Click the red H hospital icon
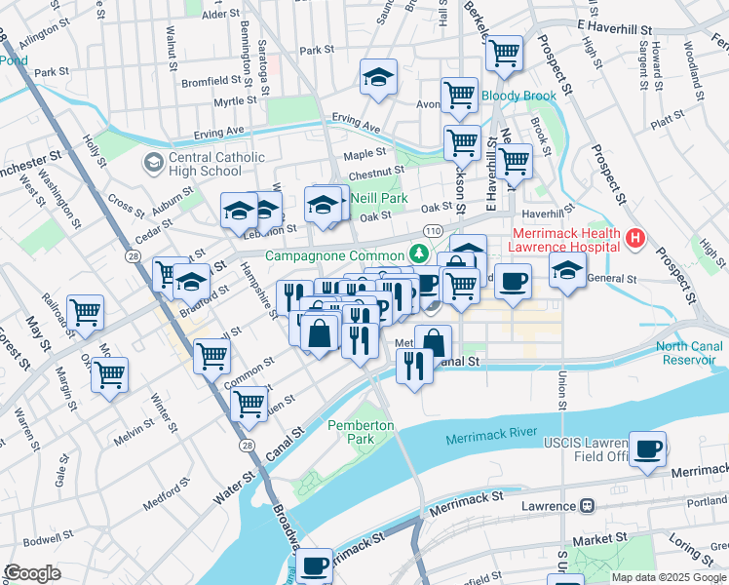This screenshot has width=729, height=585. click(636, 238)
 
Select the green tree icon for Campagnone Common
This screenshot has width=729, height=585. click(420, 253)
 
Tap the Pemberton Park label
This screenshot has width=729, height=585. click(361, 432)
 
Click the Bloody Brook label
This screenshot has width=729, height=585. click(518, 97)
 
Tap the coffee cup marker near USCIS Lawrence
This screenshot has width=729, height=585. click(647, 449)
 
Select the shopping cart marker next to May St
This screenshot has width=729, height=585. click(86, 313)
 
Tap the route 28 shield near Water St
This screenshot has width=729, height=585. click(247, 445)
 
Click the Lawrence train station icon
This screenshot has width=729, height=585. click(587, 506)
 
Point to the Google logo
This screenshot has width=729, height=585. click(33, 573)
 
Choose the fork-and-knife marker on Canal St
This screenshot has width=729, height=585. click(414, 367)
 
